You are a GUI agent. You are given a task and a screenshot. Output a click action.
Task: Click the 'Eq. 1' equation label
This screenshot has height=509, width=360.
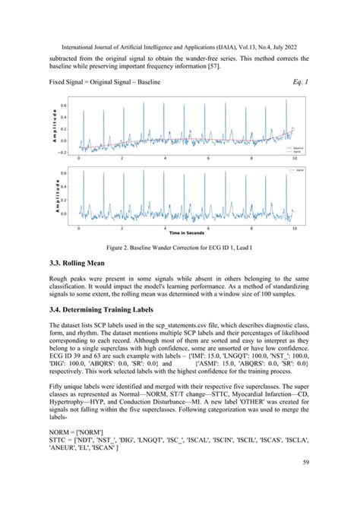pos(302,80)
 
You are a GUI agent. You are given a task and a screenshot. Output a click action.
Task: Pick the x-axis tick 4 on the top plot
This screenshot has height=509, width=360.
pos(165,158)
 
